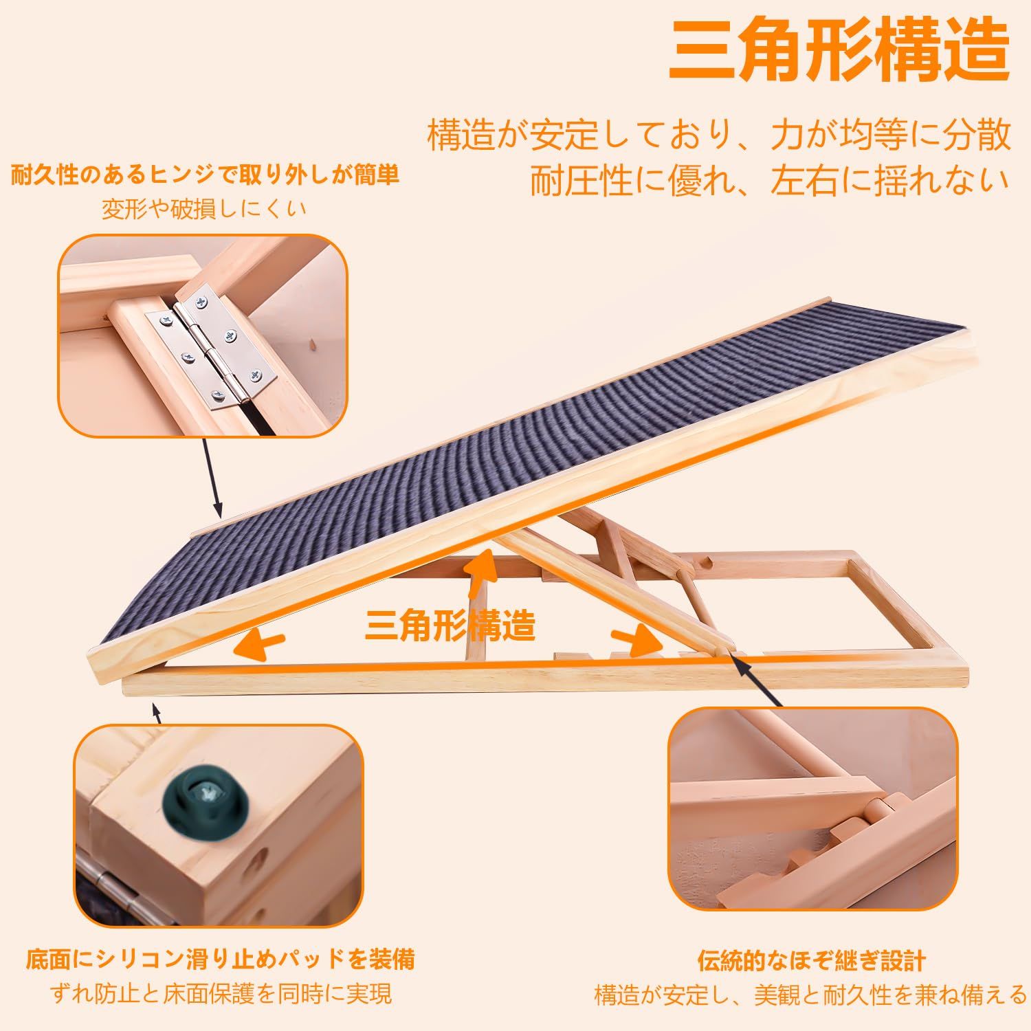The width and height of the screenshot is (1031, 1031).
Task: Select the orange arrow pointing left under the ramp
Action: click(x=258, y=645)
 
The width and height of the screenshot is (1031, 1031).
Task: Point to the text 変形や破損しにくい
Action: click(x=204, y=208)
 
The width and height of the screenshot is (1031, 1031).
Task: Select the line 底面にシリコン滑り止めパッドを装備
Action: click(x=221, y=959)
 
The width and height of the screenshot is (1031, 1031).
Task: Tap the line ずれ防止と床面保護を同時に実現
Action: click(x=221, y=993)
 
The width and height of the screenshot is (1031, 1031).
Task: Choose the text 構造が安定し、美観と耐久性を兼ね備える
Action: click(x=811, y=994)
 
